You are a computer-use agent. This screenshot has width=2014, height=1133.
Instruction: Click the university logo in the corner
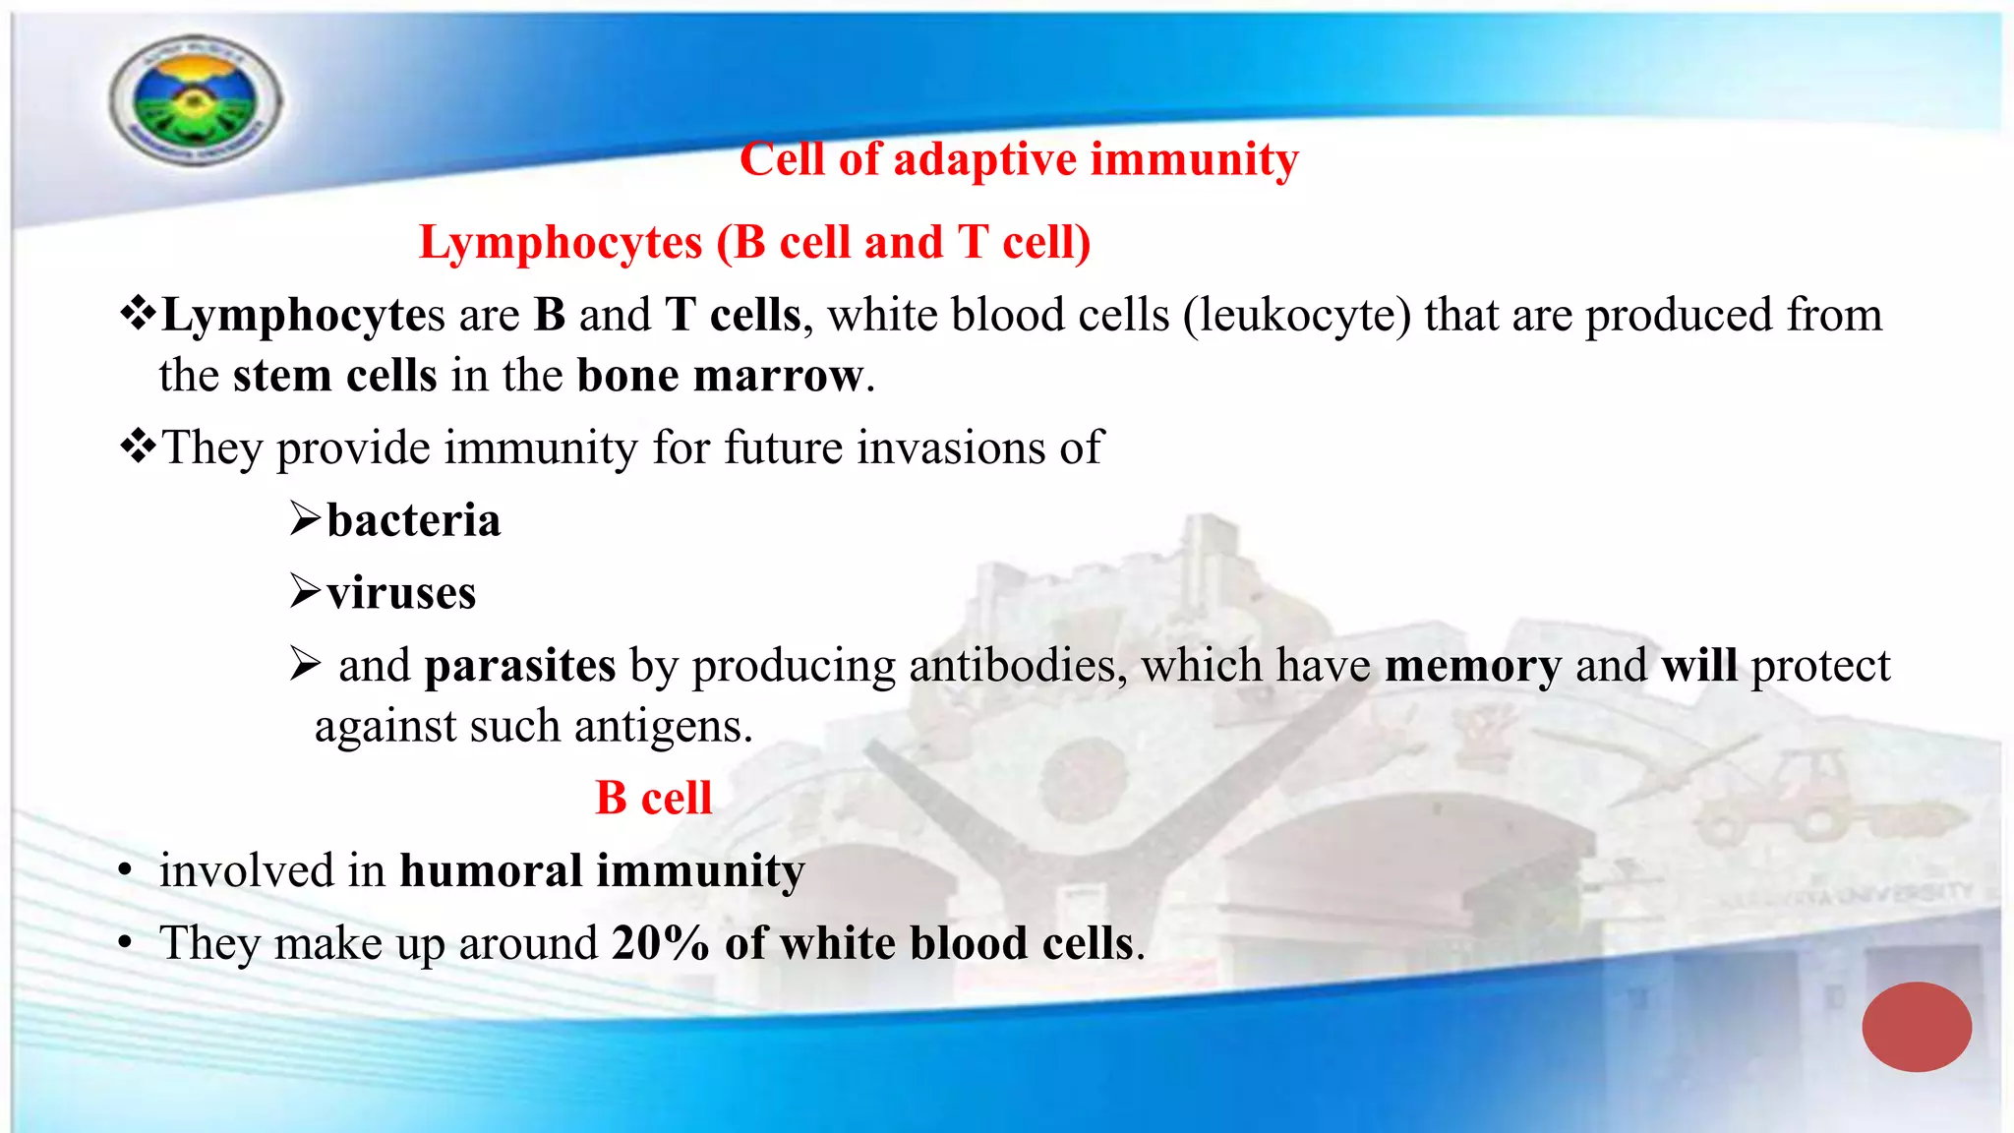point(196,100)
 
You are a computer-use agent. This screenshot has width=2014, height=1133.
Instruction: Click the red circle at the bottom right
point(1916,1026)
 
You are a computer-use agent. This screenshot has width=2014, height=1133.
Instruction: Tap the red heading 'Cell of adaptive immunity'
point(1019,159)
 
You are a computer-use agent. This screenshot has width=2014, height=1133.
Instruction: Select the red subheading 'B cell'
point(653,798)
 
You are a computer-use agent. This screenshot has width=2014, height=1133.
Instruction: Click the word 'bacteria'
point(413,520)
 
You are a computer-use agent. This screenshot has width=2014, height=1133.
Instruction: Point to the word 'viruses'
point(401,593)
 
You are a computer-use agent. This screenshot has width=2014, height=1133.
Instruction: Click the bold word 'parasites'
point(520,666)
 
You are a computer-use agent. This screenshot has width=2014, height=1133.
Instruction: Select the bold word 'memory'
point(1472,666)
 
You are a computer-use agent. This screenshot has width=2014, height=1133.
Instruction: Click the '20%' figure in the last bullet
point(660,943)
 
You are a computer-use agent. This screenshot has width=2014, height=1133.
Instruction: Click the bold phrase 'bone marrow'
point(720,376)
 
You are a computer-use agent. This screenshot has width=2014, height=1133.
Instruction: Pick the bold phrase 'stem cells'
point(334,376)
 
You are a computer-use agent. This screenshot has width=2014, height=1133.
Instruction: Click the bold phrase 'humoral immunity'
point(602,871)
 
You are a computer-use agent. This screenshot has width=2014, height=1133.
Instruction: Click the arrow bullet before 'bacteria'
point(305,519)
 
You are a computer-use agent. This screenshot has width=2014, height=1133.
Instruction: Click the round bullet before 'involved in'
point(125,872)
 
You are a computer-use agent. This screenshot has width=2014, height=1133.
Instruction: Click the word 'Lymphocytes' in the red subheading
point(561,243)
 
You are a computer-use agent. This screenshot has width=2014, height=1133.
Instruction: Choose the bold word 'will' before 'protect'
point(1698,666)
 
